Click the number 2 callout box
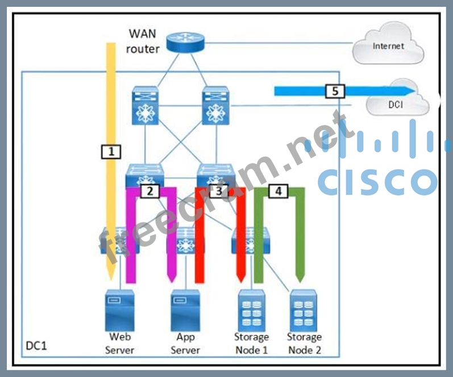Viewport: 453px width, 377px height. pos(149,191)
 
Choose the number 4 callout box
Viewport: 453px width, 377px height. pos(278,191)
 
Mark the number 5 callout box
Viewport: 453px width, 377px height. pos(335,90)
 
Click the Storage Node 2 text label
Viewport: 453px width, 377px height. pos(304,344)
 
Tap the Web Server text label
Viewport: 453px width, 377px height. pos(120,344)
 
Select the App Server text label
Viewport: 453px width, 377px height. pos(185,344)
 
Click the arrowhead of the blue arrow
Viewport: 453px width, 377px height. pos(409,91)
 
